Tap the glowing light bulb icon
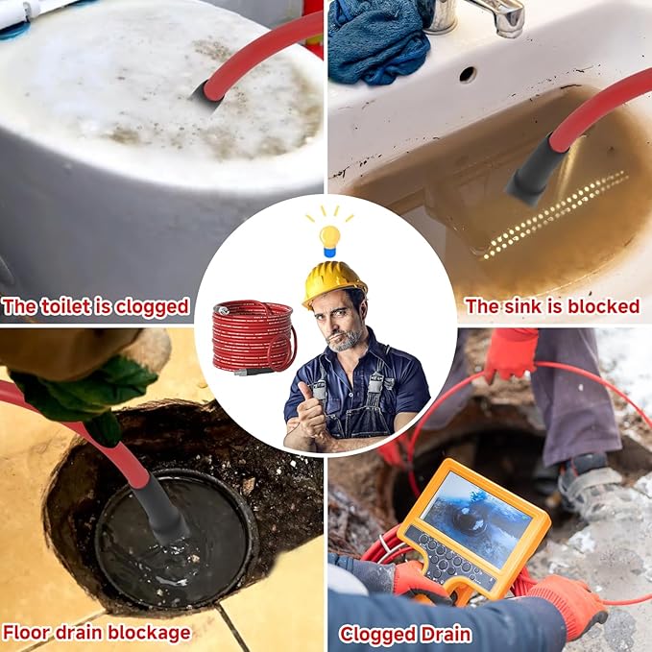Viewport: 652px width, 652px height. [329, 235]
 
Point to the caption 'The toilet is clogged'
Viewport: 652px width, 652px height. [96, 307]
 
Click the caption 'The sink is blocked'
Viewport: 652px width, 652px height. [552, 306]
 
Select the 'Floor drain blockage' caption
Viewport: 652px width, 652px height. [97, 632]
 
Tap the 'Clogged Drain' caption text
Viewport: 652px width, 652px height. [404, 634]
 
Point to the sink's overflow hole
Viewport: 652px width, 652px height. [467, 73]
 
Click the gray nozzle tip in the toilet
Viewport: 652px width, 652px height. [206, 92]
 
